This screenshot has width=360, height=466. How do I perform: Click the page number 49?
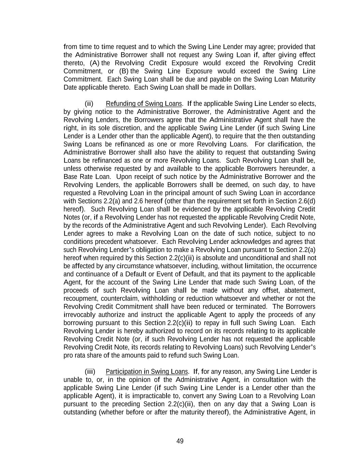point(180,441)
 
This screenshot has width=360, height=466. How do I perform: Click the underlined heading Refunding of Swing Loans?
point(144,103)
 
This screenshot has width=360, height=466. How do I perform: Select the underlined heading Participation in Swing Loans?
point(147,371)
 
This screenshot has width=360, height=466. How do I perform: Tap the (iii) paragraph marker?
point(90,371)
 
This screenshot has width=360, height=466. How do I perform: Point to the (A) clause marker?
point(95,63)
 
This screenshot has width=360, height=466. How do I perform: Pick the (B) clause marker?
point(124,71)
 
